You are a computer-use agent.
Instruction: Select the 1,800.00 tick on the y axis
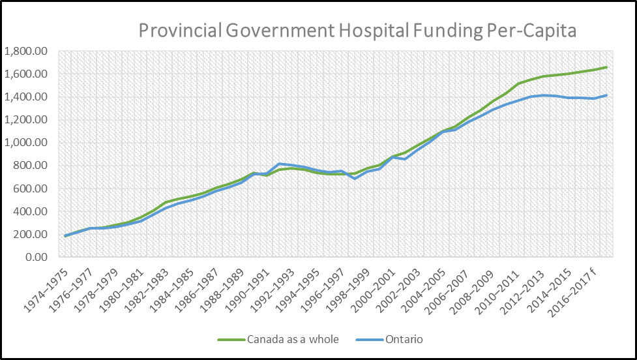(27, 51)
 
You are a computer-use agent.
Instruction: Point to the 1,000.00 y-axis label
(27, 143)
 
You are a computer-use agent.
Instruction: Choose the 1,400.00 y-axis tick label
(27, 97)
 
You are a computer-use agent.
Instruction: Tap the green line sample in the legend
(232, 340)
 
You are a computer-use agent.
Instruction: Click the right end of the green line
(606, 67)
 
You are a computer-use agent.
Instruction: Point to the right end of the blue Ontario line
(606, 95)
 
